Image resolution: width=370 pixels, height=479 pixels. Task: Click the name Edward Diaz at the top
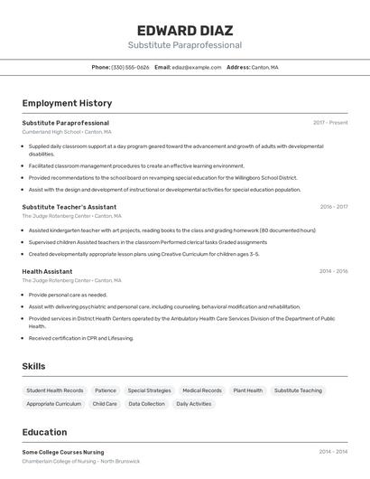pos(184,30)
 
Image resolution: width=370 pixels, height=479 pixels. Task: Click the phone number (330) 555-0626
pos(130,67)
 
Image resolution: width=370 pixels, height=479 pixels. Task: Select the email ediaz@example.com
pos(196,67)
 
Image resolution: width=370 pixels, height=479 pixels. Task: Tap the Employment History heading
pos(67,103)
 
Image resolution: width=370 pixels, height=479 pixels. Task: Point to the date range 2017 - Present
pos(330,123)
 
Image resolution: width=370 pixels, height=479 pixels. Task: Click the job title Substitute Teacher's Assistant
pos(69,207)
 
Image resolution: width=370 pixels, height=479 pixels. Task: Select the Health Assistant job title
pos(47,271)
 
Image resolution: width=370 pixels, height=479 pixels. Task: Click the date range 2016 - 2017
pos(333,207)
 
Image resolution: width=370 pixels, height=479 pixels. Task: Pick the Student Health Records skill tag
pos(55,390)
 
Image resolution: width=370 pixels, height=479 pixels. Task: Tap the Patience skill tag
pos(106,390)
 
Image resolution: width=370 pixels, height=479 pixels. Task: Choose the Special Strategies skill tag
pos(149,390)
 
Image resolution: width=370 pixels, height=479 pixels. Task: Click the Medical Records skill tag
pos(202,390)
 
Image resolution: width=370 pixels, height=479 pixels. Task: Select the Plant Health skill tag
pos(248,390)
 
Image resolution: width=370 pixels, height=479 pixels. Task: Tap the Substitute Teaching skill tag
pos(298,390)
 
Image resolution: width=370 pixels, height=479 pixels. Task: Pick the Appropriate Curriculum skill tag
pos(54,404)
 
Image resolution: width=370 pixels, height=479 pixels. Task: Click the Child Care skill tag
pos(105,404)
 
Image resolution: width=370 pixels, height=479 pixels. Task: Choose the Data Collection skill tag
pos(146,404)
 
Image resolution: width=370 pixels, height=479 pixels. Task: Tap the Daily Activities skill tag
pos(194,404)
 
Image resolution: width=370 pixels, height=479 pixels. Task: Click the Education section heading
pos(44,432)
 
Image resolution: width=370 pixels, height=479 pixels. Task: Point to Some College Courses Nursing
pos(63,452)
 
